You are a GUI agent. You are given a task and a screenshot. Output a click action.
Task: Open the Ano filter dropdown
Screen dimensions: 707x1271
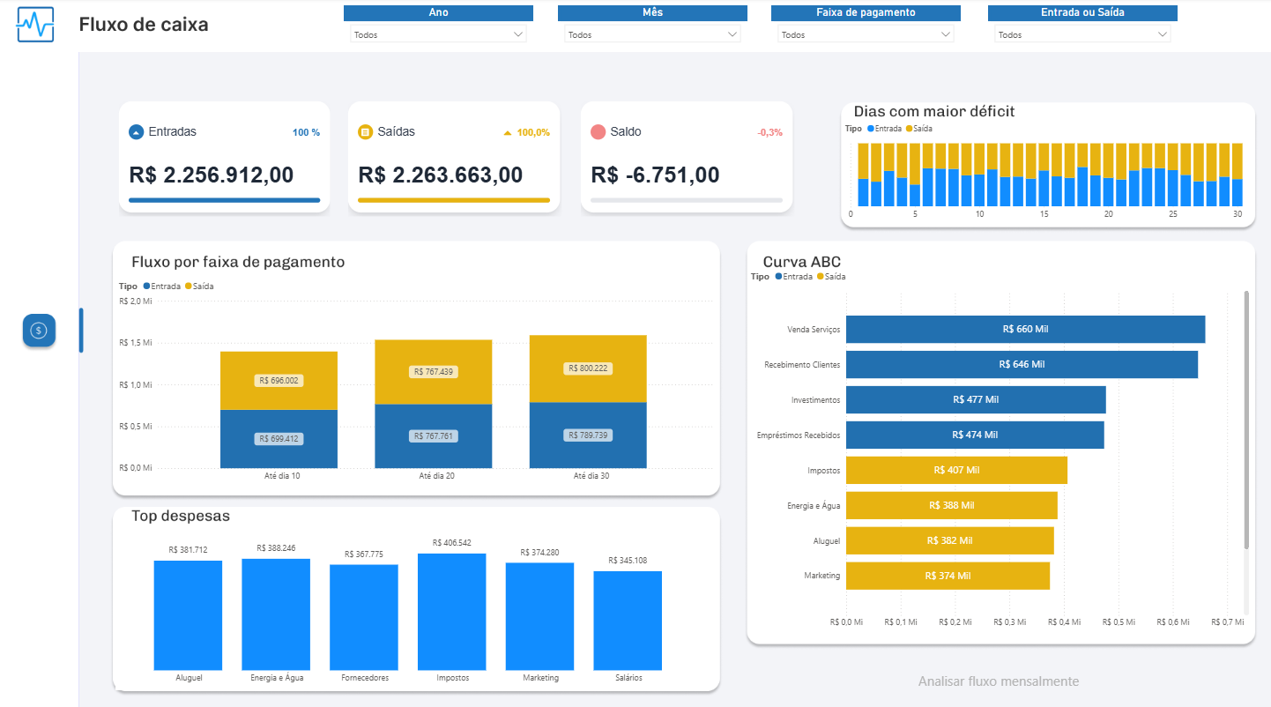pyautogui.click(x=438, y=34)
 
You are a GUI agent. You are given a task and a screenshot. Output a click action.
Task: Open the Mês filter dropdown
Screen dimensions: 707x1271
pyautogui.click(x=652, y=34)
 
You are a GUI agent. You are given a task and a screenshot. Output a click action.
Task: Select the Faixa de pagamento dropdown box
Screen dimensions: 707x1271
pyautogui.click(x=866, y=34)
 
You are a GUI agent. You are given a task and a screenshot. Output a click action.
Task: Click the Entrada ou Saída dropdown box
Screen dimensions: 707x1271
pyautogui.click(x=1082, y=34)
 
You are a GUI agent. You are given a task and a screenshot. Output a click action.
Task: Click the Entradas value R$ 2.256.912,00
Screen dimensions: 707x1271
pyautogui.click(x=224, y=175)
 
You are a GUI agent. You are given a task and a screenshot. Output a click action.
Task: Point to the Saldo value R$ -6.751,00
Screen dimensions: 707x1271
pyautogui.click(x=655, y=175)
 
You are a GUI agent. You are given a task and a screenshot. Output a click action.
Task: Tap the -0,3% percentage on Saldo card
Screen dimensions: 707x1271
pyautogui.click(x=769, y=132)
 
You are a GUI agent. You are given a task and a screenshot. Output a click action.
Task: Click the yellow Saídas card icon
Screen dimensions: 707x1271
pyautogui.click(x=365, y=132)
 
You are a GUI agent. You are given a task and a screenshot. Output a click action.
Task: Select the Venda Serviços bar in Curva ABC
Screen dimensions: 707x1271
pyautogui.click(x=1025, y=329)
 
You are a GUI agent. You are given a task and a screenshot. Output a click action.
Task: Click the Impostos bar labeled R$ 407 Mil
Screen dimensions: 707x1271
pyautogui.click(x=956, y=470)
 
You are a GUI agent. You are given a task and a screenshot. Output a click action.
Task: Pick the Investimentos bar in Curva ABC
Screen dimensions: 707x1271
pyautogui.click(x=976, y=399)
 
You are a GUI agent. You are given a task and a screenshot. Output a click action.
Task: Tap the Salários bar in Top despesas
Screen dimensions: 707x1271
pyautogui.click(x=628, y=621)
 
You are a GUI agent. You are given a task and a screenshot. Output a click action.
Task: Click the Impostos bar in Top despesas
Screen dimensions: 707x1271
pyautogui.click(x=451, y=612)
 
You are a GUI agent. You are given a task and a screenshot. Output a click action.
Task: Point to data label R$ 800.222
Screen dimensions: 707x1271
pyautogui.click(x=588, y=368)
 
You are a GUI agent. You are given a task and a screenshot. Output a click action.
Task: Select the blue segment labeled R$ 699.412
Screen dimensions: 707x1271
pyautogui.click(x=279, y=439)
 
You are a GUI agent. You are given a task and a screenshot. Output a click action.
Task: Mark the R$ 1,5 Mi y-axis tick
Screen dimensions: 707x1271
pyautogui.click(x=136, y=343)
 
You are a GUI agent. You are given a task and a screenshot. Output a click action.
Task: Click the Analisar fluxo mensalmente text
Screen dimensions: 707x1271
pyautogui.click(x=998, y=681)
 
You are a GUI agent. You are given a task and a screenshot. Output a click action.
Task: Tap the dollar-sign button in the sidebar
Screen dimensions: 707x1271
pyautogui.click(x=39, y=331)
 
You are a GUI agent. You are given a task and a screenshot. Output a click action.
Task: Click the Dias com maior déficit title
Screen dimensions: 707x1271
pyautogui.click(x=933, y=111)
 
